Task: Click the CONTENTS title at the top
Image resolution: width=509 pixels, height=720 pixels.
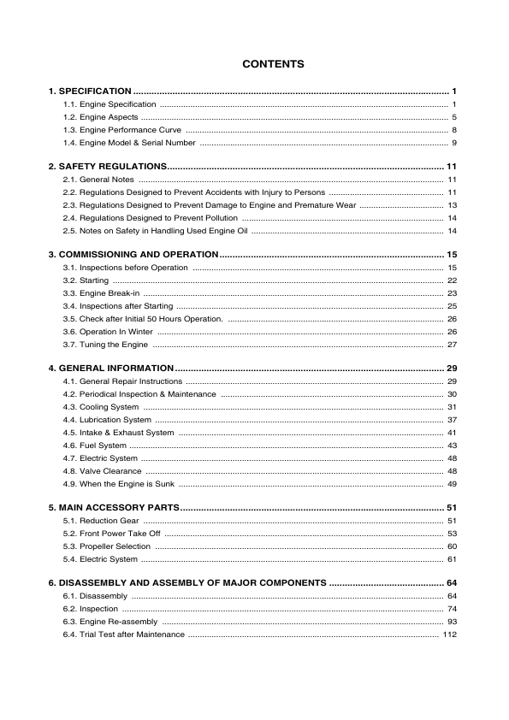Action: pos(273,64)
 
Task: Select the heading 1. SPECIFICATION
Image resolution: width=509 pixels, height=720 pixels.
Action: pos(89,91)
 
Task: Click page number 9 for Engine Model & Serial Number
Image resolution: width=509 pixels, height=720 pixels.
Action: pos(454,142)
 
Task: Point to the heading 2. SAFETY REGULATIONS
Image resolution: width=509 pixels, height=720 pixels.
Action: pos(107,166)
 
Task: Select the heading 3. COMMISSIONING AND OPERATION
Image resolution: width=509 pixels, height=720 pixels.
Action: pos(133,255)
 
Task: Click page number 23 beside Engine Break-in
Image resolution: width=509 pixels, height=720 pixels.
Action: pos(452,293)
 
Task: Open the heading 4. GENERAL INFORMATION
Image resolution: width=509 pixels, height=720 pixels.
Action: pos(110,368)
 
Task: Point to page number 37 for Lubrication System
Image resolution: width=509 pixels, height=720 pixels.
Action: pos(452,420)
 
